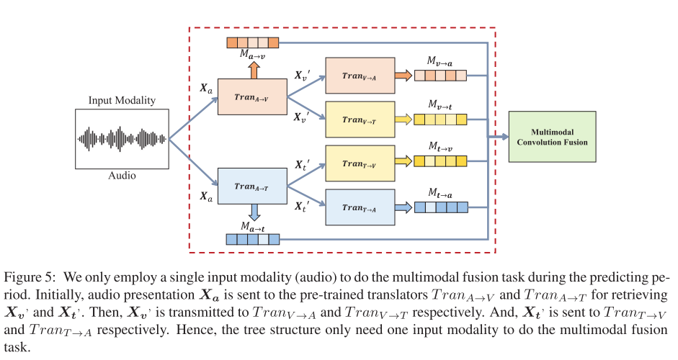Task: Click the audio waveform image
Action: (122, 139)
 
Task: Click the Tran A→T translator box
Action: (251, 186)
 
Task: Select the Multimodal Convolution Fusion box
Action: (552, 137)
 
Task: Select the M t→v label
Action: (440, 148)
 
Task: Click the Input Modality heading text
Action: (122, 102)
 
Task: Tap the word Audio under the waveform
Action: (122, 175)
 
